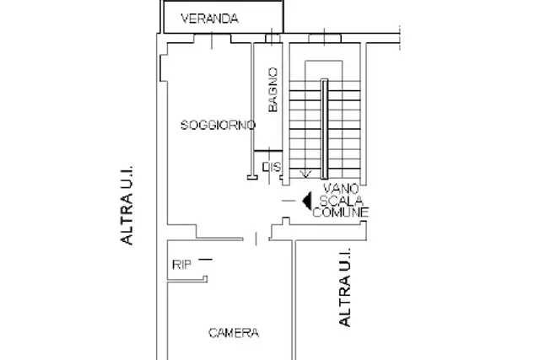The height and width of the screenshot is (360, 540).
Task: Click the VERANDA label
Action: pos(209,19)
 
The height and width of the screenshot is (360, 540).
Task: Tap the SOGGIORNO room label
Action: pos(218,125)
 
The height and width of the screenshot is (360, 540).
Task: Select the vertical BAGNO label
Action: pos(273,89)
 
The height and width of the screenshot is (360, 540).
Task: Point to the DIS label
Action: pos(272,167)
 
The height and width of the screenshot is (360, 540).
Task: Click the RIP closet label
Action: pos(181,265)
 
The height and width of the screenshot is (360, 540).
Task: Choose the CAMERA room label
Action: pos(234,333)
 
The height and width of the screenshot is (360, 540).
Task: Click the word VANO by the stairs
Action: pos(341,189)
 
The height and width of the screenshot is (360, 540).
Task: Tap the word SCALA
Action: pos(341,201)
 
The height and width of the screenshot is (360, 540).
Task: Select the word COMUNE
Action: pos(341,212)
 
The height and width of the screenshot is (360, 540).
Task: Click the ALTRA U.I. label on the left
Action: pos(127,205)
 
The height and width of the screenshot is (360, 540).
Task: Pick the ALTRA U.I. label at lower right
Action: pos(345,287)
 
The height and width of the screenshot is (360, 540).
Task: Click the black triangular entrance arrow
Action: pos(307,201)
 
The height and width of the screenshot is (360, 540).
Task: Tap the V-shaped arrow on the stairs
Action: pos(305,175)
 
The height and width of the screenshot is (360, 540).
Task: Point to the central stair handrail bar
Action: pos(324,129)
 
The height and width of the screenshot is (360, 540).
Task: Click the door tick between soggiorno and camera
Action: pos(256,239)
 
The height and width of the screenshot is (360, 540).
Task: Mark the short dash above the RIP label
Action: pos(206,259)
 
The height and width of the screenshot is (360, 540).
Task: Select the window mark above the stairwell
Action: pos(324,37)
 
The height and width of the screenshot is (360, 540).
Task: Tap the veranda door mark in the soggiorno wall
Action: pos(212,40)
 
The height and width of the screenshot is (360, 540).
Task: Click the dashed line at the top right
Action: pos(400,38)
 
